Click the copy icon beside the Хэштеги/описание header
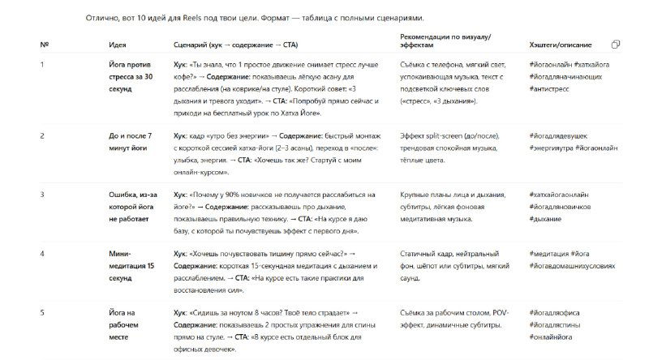point(617,44)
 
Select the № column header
point(43,45)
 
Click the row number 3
point(42,195)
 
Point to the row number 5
point(42,312)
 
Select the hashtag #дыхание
point(548,219)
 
